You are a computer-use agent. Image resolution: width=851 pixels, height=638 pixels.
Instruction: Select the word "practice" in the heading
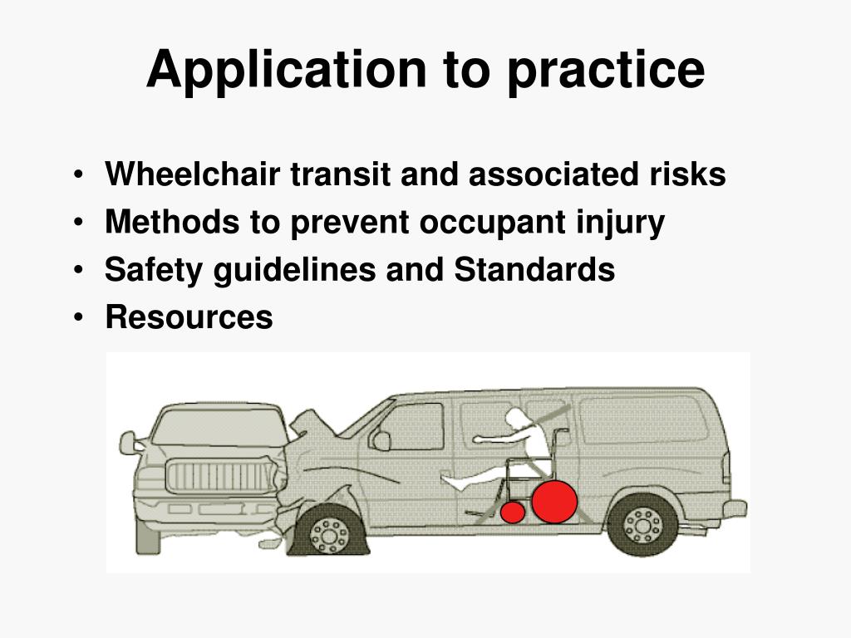[606, 70]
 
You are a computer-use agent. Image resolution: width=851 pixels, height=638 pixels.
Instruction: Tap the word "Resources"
[189, 317]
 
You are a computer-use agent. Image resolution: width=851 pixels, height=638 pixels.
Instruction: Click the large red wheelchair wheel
[554, 502]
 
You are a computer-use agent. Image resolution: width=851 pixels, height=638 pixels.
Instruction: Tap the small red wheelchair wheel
[512, 513]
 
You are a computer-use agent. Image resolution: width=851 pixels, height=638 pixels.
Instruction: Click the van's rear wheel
[642, 524]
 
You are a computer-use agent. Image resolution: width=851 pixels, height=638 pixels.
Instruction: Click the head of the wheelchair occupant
[517, 420]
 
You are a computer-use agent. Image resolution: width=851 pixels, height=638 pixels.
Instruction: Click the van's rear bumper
[734, 508]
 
